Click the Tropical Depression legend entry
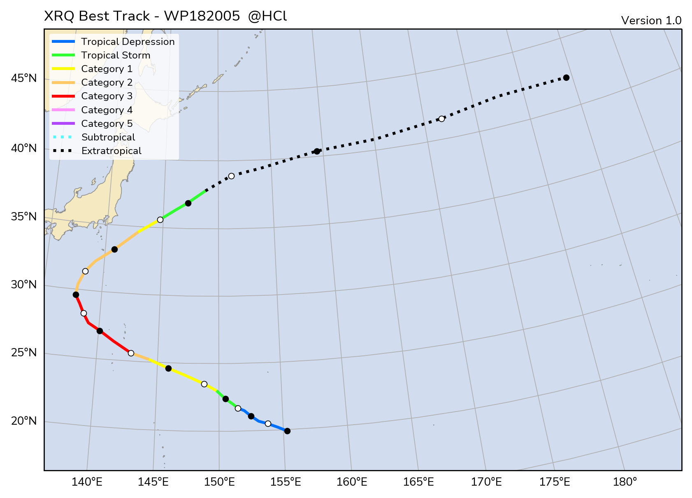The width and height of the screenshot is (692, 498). pyautogui.click(x=128, y=42)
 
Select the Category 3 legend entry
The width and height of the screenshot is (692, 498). pyautogui.click(x=107, y=96)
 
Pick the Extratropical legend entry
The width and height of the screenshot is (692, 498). pyautogui.click(x=111, y=151)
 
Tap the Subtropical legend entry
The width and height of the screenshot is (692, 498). pyautogui.click(x=108, y=137)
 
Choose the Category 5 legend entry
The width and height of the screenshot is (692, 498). pyautogui.click(x=107, y=124)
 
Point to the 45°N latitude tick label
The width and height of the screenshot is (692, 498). pyautogui.click(x=24, y=78)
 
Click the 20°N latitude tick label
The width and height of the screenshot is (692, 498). pyautogui.click(x=24, y=421)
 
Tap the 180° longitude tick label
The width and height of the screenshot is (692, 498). pyautogui.click(x=625, y=482)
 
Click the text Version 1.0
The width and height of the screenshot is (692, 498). pyautogui.click(x=651, y=21)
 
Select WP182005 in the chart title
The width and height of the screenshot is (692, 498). pyautogui.click(x=202, y=16)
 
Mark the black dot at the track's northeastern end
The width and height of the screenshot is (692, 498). pyautogui.click(x=566, y=77)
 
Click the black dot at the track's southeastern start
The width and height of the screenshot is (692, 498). pyautogui.click(x=287, y=431)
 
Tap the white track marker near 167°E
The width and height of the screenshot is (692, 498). pyautogui.click(x=441, y=119)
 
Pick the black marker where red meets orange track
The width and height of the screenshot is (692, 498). pyautogui.click(x=76, y=295)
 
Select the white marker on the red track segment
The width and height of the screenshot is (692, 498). pyautogui.click(x=84, y=313)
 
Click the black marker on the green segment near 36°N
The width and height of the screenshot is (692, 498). pyautogui.click(x=188, y=203)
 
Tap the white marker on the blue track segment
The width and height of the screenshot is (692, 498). pyautogui.click(x=268, y=423)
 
